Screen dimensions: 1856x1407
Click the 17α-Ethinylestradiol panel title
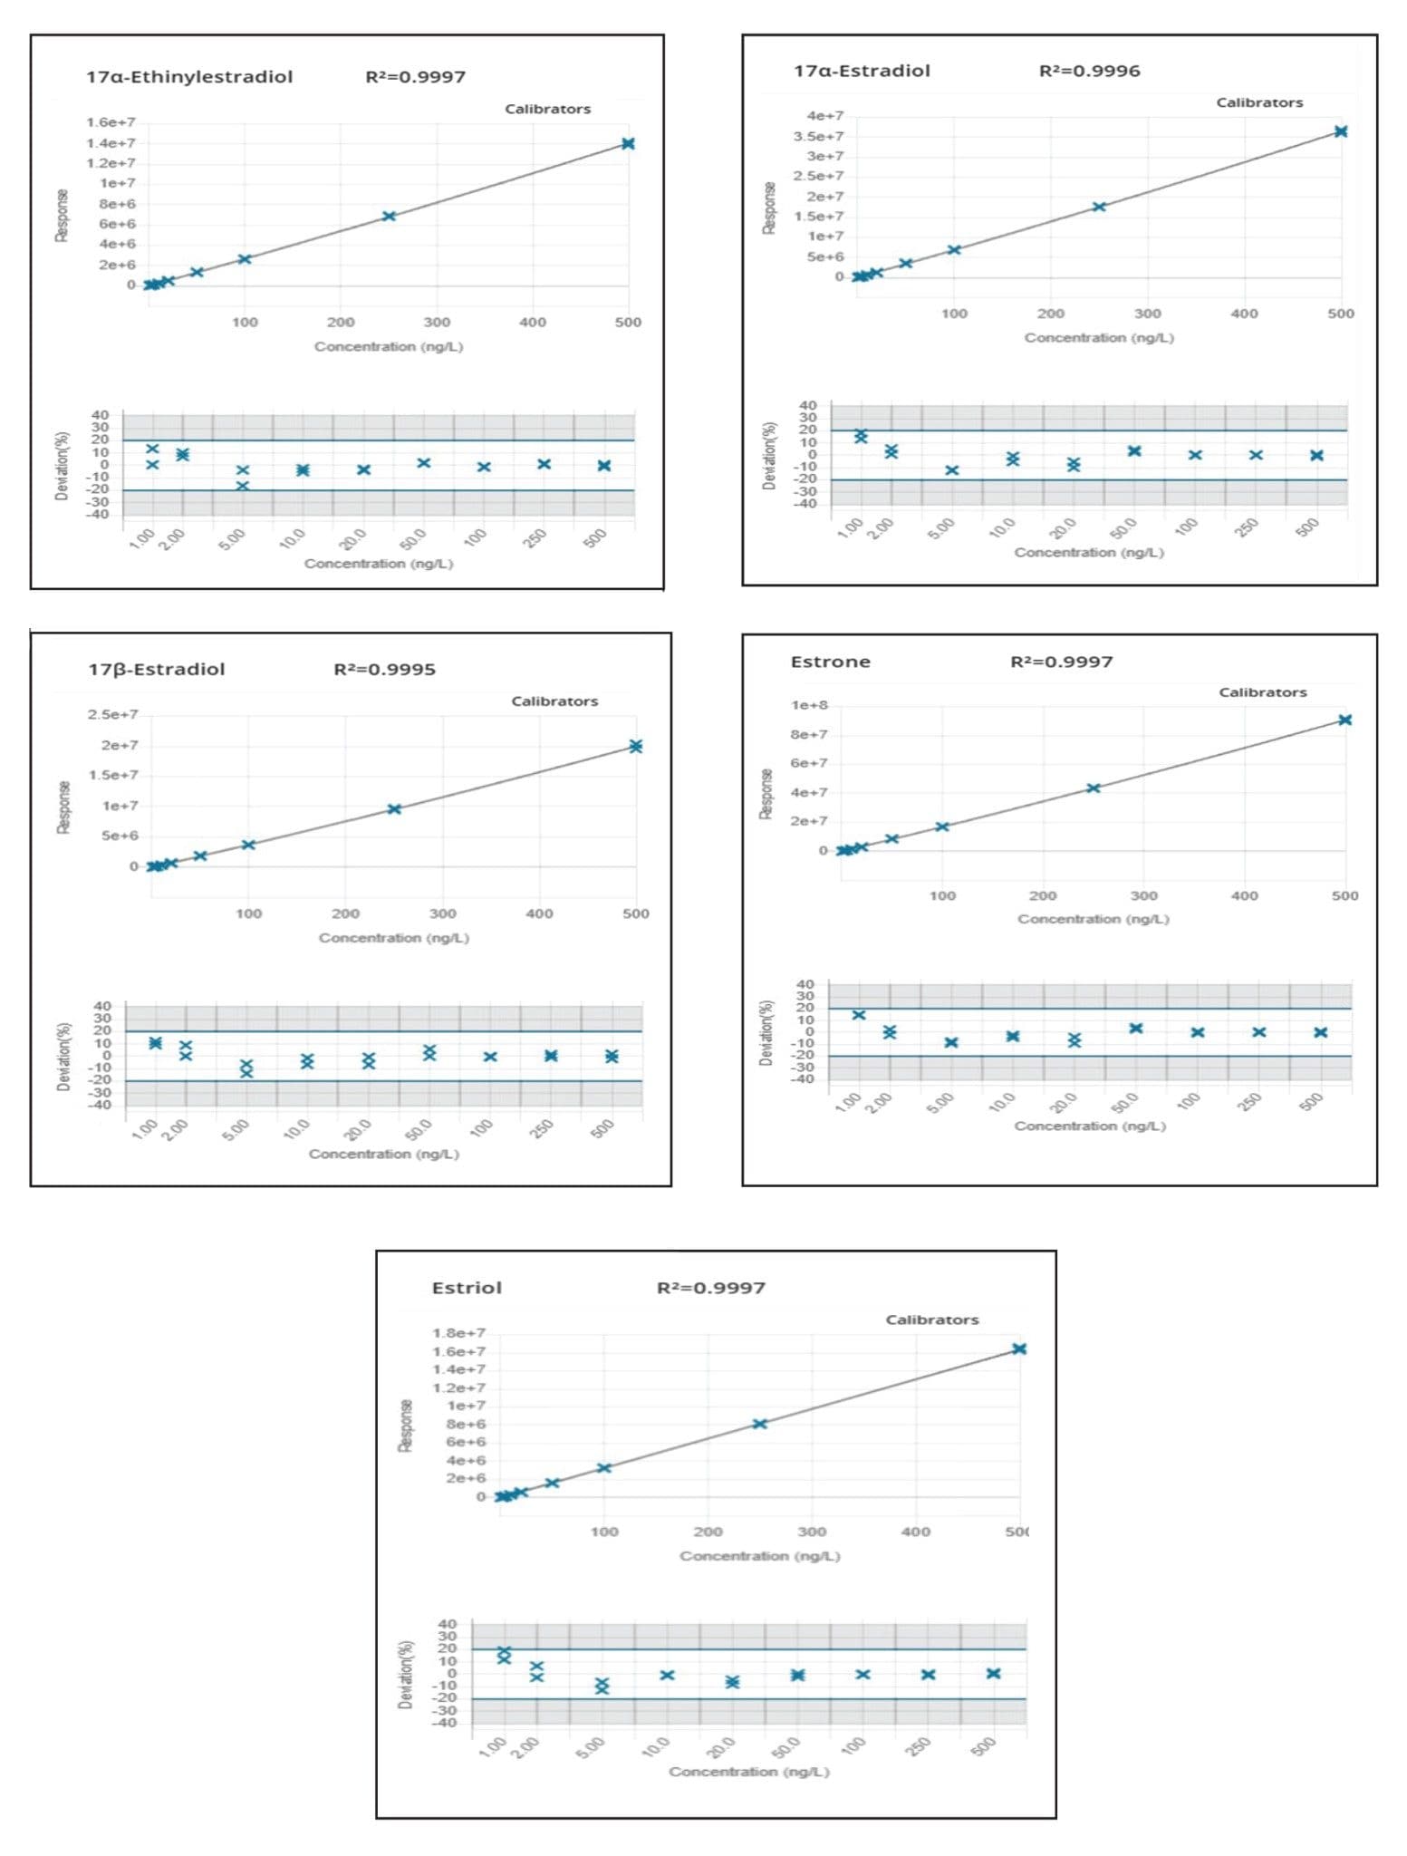(189, 77)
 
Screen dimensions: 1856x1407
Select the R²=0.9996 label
(1089, 71)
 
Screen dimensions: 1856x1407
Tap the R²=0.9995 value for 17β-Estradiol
(384, 670)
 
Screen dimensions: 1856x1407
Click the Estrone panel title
(830, 662)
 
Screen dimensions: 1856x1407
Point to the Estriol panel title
(467, 1288)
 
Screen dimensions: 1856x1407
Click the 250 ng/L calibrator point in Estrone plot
(1094, 788)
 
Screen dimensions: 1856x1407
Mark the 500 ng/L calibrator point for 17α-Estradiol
(1341, 131)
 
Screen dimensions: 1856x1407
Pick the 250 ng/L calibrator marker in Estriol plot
(759, 1424)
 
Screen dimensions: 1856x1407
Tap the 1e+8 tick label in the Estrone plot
(809, 705)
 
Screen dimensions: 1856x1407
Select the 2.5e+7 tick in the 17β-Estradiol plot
(112, 715)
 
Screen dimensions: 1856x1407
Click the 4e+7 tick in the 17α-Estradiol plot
(824, 116)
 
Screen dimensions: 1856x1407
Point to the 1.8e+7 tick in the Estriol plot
(458, 1333)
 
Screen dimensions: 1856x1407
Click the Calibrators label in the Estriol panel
(931, 1320)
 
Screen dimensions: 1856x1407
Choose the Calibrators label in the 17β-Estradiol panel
(554, 701)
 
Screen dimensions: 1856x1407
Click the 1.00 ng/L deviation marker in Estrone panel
(859, 1015)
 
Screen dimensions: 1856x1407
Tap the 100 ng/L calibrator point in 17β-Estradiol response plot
(248, 845)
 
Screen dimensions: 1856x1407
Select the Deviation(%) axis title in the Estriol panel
(405, 1675)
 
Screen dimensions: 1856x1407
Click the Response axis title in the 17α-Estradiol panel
(769, 208)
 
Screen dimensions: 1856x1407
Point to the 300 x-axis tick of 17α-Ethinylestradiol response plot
(437, 323)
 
